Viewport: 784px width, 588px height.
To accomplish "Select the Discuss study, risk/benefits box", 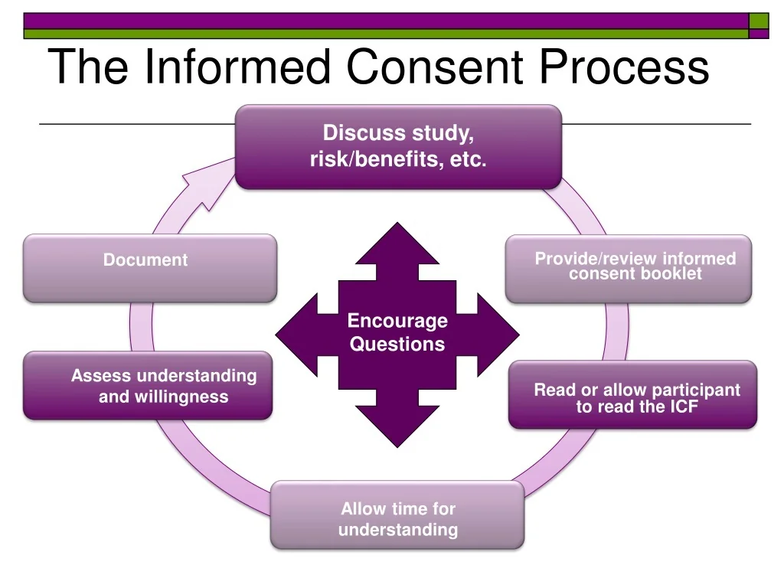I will tap(398, 147).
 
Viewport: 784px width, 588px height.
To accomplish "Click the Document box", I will tap(149, 268).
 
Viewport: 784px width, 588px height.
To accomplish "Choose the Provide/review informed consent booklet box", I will tap(629, 269).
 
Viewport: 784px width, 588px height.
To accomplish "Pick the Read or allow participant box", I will tap(632, 394).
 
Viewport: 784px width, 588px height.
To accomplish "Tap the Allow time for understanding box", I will tap(397, 514).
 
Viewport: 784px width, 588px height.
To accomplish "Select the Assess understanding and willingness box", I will tap(148, 386).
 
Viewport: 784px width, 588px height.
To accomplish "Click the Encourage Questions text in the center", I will tap(397, 332).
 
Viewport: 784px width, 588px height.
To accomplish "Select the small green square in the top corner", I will tap(758, 21).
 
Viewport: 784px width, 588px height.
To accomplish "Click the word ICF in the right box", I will tap(684, 407).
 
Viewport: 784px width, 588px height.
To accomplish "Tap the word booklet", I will tap(674, 274).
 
